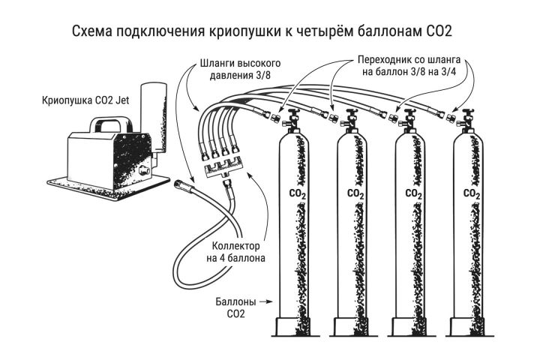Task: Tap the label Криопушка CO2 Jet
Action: click(85, 100)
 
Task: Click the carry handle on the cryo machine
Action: click(111, 124)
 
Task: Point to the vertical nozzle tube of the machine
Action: click(154, 117)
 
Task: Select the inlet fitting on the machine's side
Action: click(142, 170)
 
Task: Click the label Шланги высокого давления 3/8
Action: click(240, 69)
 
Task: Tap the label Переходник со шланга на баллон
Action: click(409, 65)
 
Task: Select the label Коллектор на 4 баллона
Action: click(236, 252)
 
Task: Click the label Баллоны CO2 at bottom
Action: click(236, 307)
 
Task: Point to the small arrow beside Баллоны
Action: click(265, 302)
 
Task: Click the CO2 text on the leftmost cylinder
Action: click(298, 194)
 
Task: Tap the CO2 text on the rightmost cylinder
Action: click(472, 194)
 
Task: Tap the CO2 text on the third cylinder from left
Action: click(413, 194)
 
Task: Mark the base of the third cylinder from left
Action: click(409, 326)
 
